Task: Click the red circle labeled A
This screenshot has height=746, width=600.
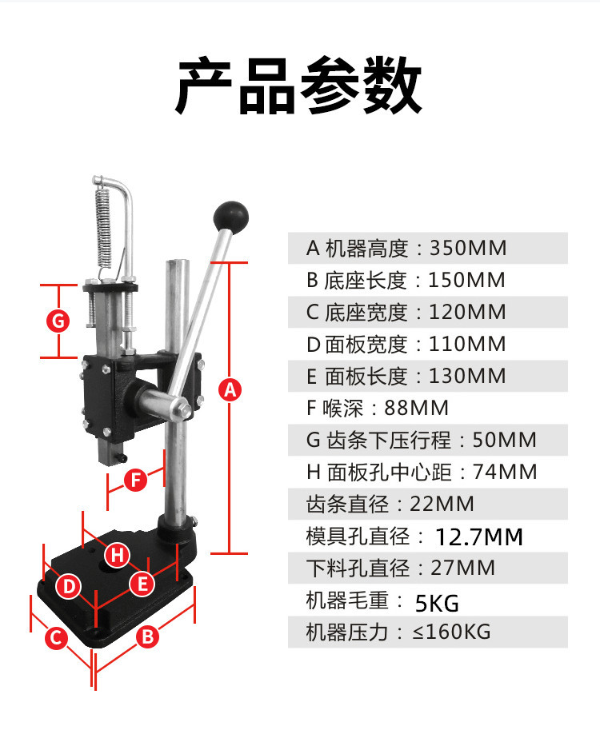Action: (229, 390)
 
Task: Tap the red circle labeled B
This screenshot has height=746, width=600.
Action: (147, 637)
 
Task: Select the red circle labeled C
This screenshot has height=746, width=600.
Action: (55, 637)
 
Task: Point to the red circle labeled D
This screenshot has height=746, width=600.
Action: (70, 587)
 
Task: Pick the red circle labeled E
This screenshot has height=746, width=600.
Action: (142, 584)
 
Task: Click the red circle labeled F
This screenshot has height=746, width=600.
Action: (136, 480)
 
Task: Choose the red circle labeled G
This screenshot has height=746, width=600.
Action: (58, 321)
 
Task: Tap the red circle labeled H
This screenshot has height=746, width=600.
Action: (117, 553)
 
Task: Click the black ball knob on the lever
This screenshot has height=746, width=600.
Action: (231, 214)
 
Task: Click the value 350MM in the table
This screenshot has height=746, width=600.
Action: (469, 248)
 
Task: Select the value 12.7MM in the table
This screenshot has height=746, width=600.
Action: (479, 537)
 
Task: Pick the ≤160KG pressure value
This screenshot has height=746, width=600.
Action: (451, 632)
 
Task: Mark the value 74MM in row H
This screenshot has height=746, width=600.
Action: (506, 472)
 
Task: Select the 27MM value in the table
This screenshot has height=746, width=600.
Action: (463, 568)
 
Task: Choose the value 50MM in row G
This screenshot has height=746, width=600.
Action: (505, 440)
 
